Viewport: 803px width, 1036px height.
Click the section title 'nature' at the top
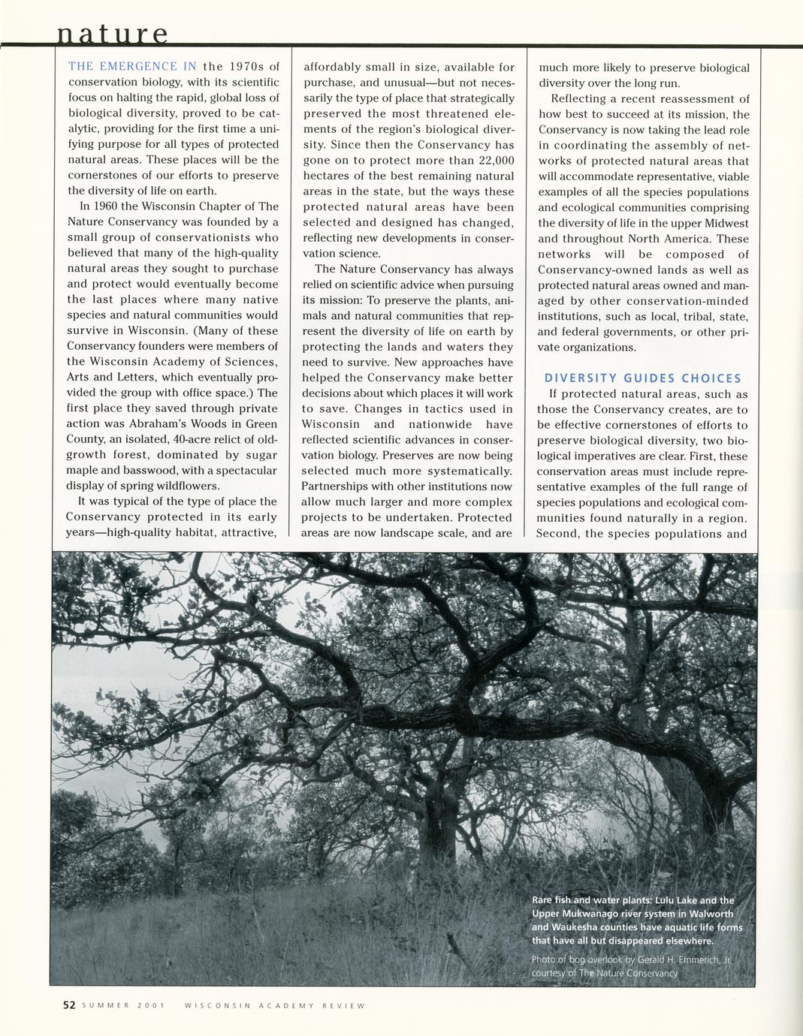point(113,35)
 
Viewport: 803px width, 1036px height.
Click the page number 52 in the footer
point(69,1005)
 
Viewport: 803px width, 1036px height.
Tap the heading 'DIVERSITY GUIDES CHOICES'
point(642,378)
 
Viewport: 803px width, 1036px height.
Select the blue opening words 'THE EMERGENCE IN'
point(132,67)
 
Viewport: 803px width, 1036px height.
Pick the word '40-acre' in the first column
point(195,439)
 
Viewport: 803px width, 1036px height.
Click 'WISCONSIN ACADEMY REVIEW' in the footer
point(274,1006)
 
